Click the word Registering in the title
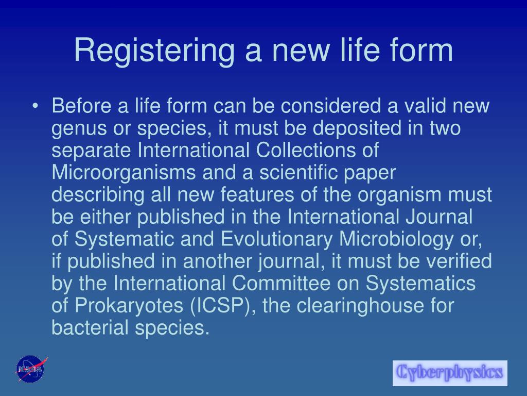153,51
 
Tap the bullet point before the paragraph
36,106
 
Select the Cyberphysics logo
450,373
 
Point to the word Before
81,105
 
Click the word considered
331,105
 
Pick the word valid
425,105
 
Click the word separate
91,150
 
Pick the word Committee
281,283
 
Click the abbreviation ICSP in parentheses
220,305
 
